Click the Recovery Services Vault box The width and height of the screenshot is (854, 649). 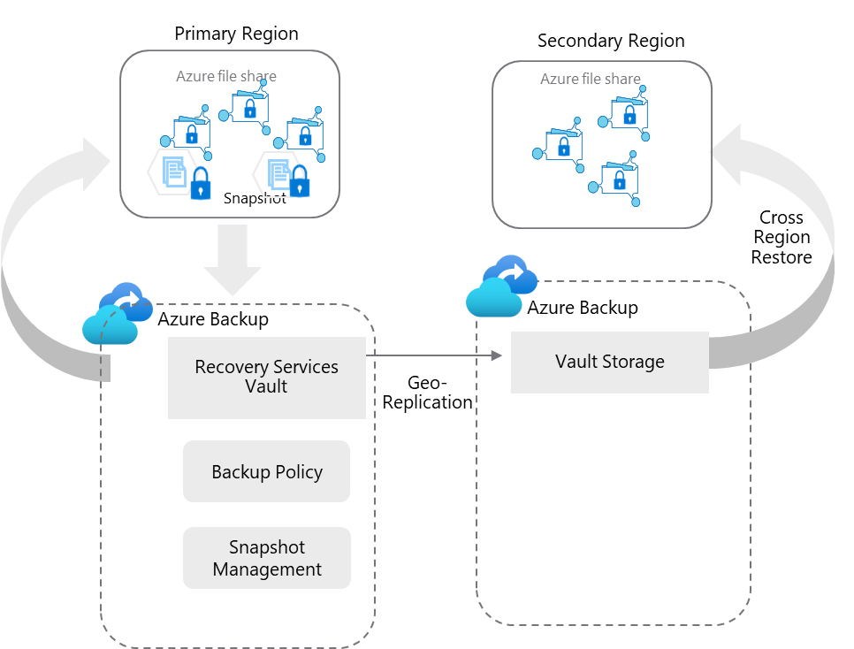pyautogui.click(x=266, y=377)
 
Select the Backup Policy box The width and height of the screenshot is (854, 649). pyautogui.click(x=266, y=471)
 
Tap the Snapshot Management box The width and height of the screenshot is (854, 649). pyautogui.click(x=266, y=558)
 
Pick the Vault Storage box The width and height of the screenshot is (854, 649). pyautogui.click(x=609, y=362)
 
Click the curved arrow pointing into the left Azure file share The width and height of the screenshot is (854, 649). pyautogui.click(x=35, y=256)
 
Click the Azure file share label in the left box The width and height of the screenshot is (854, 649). pyautogui.click(x=226, y=76)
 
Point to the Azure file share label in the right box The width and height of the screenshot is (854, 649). pyautogui.click(x=591, y=80)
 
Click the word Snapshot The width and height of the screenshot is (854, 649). pyautogui.click(x=266, y=547)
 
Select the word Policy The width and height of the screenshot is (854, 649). pyautogui.click(x=298, y=472)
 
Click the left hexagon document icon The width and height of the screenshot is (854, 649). pyautogui.click(x=173, y=172)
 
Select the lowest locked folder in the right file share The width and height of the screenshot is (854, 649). pyautogui.click(x=618, y=179)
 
